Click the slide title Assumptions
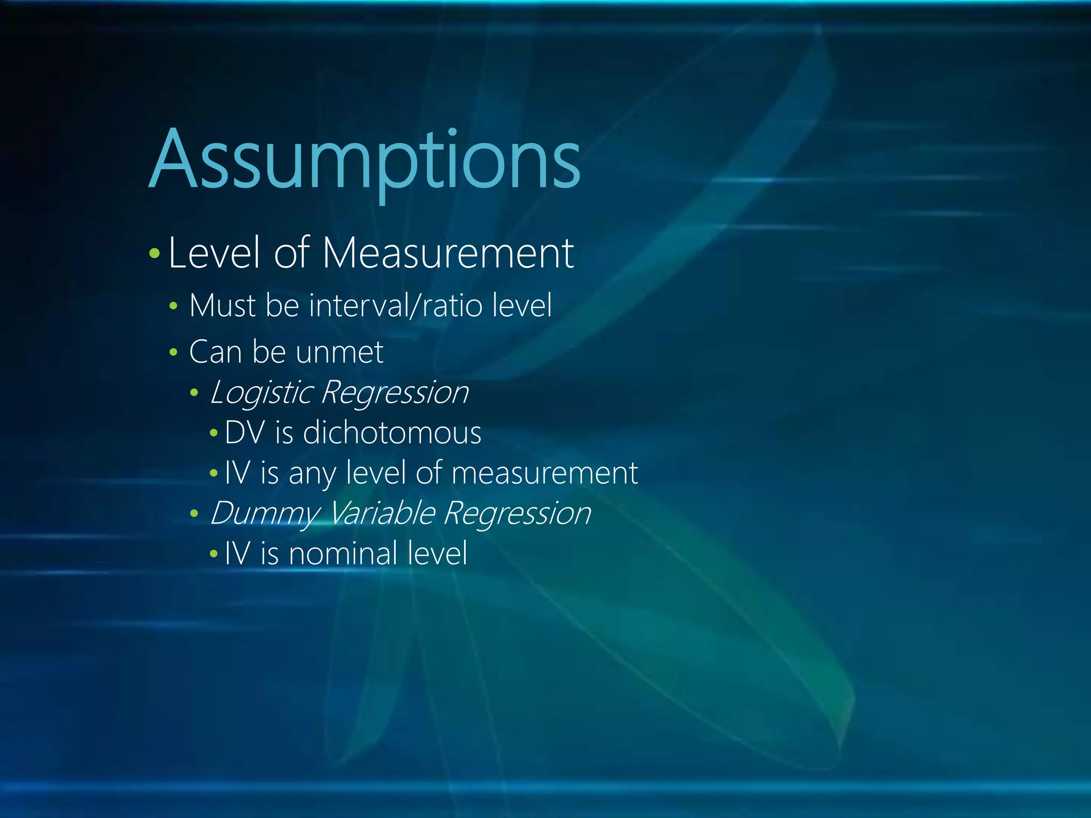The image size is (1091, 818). click(365, 160)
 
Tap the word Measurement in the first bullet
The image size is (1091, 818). click(447, 253)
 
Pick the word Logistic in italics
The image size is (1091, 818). click(261, 393)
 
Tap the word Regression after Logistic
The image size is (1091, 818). click(395, 393)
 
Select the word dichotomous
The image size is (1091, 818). click(392, 432)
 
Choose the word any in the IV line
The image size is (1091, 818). click(312, 473)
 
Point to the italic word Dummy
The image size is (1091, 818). click(264, 513)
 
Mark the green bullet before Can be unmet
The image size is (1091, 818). click(173, 352)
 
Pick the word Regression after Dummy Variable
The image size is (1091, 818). click(517, 513)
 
